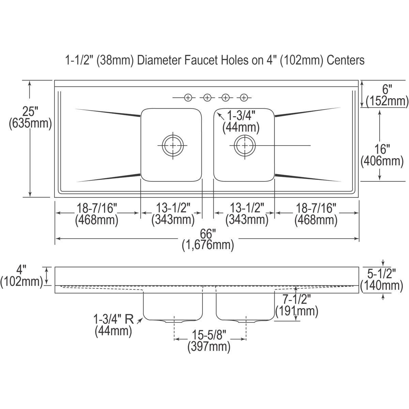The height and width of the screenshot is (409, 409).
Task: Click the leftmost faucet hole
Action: click(x=188, y=98)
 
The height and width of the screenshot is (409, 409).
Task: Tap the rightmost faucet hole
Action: click(x=243, y=98)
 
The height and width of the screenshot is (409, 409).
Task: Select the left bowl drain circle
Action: click(x=173, y=146)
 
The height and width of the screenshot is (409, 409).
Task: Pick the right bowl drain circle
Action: click(x=244, y=146)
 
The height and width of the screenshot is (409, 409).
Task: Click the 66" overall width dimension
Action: click(x=208, y=240)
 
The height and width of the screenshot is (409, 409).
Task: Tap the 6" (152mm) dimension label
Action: click(x=387, y=95)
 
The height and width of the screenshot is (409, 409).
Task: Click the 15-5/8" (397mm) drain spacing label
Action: click(x=209, y=341)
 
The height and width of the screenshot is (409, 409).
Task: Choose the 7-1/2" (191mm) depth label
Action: click(x=297, y=305)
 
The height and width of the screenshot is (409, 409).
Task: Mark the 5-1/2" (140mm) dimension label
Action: click(x=382, y=279)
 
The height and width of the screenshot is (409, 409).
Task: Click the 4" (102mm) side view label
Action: click(x=22, y=276)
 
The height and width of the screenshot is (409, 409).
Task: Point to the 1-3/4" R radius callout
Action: click(x=113, y=325)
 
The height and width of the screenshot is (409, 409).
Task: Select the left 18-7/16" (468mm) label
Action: click(x=97, y=214)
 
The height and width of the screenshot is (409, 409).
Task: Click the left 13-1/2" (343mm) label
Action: click(x=173, y=214)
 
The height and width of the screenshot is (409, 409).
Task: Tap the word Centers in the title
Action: click(x=346, y=60)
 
